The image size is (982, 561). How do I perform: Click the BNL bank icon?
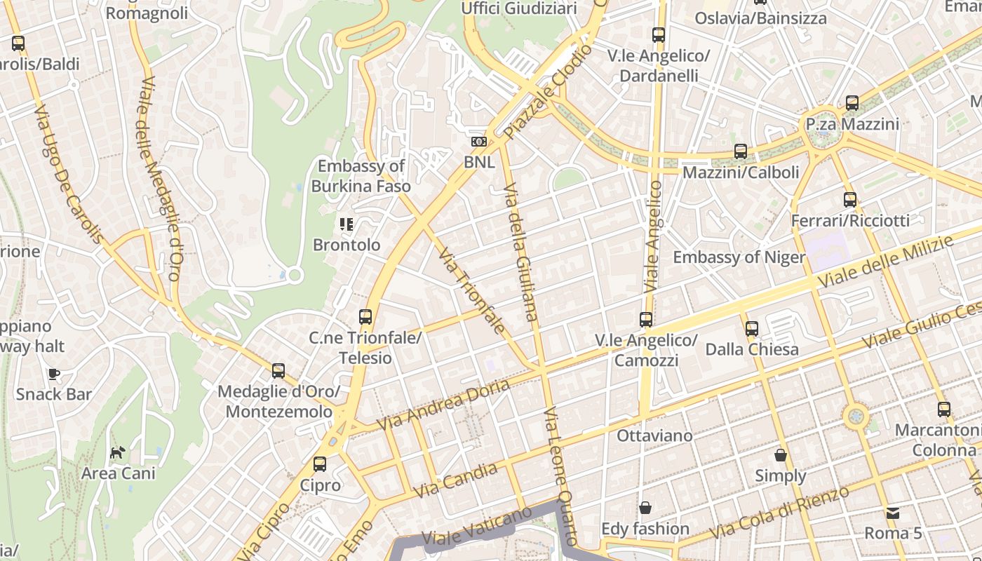point(479,142)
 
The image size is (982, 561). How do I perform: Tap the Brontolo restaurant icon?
point(347,224)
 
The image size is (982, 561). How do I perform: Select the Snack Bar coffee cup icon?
point(54,374)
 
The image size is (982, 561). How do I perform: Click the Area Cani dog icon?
point(118,452)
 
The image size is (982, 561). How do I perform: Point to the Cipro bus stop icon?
point(320,464)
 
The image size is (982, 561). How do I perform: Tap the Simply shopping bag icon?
point(780,455)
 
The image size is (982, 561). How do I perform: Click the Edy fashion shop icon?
point(645,507)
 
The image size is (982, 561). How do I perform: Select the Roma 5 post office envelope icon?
point(892,513)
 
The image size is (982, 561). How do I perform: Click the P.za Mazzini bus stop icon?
point(852,103)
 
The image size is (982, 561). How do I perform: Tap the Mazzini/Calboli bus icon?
point(740,151)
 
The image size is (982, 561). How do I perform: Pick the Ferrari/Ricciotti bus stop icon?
point(850,200)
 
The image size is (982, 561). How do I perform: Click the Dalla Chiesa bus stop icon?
point(752,328)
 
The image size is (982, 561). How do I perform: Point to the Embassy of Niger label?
point(739,257)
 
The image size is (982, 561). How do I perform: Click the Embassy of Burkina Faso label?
point(361,176)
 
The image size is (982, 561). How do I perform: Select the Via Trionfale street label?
point(471,290)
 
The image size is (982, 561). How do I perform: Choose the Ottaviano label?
point(654,435)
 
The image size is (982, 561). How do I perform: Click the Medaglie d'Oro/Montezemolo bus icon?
point(278,370)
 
